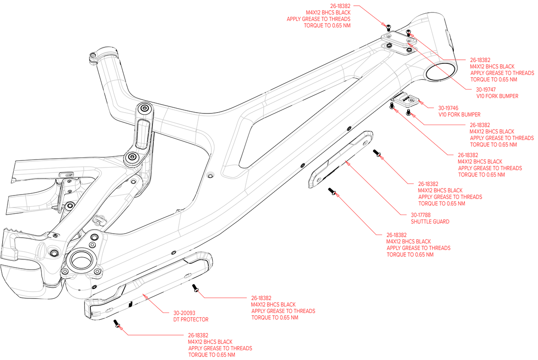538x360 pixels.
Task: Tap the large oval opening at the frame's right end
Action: (x=441, y=72)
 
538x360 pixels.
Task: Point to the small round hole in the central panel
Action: (x=211, y=174)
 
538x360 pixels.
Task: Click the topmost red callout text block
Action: (x=328, y=16)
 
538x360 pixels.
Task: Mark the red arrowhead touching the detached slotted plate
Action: (x=348, y=164)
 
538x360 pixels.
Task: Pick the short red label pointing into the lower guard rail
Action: (x=190, y=316)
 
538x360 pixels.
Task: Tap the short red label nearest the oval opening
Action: (x=496, y=93)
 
